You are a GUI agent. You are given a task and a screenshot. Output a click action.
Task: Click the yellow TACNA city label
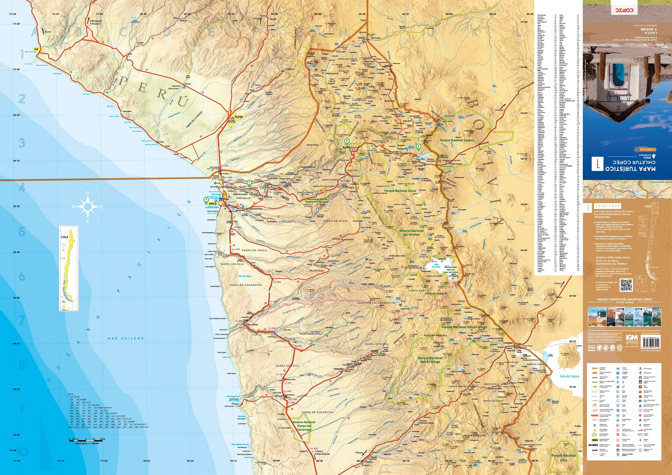(239, 117)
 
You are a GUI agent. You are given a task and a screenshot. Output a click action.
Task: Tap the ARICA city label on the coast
(213, 204)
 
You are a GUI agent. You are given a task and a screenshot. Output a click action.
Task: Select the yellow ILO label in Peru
(36, 49)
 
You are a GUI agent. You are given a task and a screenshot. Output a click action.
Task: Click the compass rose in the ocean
(87, 207)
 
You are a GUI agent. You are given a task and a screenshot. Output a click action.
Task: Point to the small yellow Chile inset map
(69, 268)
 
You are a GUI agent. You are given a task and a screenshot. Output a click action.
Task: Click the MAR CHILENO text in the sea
(126, 339)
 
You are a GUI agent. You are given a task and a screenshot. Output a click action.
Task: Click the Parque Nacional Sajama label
(457, 140)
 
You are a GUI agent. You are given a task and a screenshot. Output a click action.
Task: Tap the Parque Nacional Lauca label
(400, 191)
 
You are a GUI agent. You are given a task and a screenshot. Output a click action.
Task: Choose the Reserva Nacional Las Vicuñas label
(411, 233)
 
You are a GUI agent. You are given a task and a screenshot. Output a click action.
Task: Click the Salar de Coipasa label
(569, 376)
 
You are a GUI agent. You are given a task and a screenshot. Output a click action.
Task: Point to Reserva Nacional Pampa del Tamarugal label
(304, 426)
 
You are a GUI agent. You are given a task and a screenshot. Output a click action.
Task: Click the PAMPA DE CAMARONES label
(246, 285)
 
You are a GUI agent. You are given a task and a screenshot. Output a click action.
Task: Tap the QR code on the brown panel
(626, 285)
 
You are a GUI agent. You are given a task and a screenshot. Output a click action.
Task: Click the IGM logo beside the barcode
(632, 337)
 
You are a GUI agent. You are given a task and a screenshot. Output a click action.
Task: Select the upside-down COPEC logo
(624, 10)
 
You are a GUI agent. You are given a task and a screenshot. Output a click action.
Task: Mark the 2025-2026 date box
(607, 206)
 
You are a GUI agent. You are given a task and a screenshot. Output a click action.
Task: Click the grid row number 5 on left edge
(22, 231)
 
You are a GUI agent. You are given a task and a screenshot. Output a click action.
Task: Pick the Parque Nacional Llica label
(564, 458)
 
